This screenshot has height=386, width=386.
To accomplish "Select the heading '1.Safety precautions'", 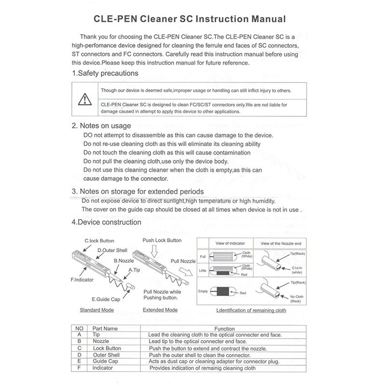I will click(105, 73).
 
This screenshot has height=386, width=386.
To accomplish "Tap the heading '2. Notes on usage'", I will click(101, 126).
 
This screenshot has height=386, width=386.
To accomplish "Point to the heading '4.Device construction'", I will click(106, 222).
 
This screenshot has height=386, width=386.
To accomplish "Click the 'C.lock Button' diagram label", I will click(99, 240).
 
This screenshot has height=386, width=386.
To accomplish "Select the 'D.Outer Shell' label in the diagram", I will click(112, 250).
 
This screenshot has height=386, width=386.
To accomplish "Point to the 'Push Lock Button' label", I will click(162, 240).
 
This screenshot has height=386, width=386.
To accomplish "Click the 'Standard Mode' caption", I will click(96, 310).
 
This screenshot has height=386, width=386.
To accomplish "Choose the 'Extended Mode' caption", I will click(160, 310).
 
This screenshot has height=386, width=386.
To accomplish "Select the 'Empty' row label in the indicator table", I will click(203, 291).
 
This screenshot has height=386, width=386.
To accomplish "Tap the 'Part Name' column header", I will click(105, 329).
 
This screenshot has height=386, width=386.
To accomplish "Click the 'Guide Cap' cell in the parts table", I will click(106, 361).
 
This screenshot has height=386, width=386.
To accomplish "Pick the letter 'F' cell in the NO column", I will click(79, 368).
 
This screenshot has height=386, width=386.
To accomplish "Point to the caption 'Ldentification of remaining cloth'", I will click(251, 310).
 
